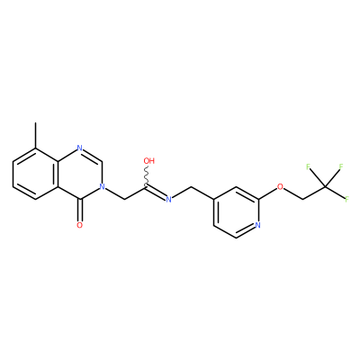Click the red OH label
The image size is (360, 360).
click(148, 161)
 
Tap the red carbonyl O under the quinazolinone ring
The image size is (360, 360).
click(79, 225)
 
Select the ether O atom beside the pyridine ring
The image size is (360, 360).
click(280, 187)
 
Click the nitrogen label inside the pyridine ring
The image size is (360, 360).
click(258, 225)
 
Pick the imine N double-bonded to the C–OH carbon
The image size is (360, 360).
click(168, 199)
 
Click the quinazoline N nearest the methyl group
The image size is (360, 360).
click(79, 148)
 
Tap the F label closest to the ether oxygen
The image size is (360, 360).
click(308, 166)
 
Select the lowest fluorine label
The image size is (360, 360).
click(346, 199)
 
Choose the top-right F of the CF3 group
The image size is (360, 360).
click(341, 166)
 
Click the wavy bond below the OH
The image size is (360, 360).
click(148, 176)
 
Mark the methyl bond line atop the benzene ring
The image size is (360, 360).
click(35, 135)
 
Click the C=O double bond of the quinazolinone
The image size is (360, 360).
click(79, 210)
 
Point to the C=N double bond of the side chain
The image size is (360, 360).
click(156, 193)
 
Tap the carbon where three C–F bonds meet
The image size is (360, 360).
click(325, 187)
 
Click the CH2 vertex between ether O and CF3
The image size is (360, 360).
click(302, 200)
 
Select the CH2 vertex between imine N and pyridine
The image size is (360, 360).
click(191, 187)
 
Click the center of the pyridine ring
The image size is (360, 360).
click(236, 212)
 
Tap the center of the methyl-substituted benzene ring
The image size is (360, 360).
click(35, 174)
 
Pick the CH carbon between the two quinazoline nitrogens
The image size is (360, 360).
click(102, 161)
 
